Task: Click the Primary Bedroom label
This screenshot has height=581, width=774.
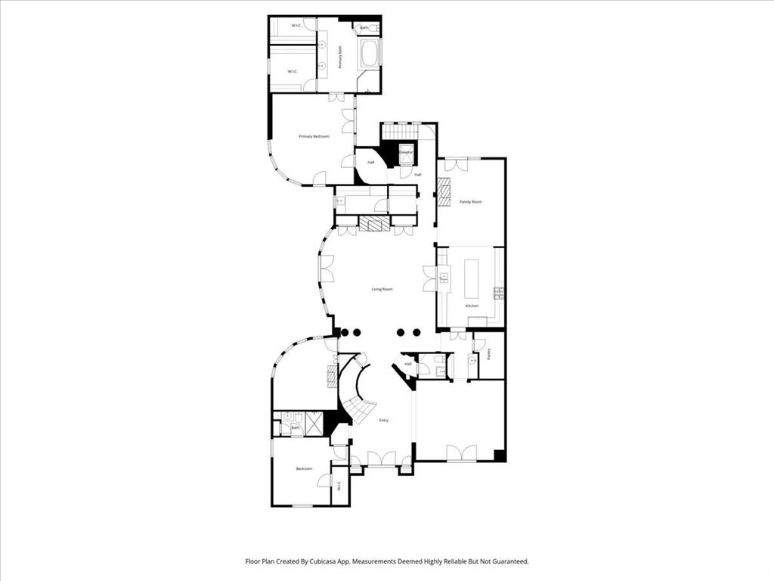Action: pos(314,136)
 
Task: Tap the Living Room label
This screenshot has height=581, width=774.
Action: pos(382,289)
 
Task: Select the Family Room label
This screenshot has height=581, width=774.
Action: pos(471,202)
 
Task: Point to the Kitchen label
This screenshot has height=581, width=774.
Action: pos(472,306)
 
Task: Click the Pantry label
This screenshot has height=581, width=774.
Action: pos(489,353)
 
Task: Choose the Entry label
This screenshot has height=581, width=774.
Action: pos(384,421)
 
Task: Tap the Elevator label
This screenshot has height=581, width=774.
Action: pos(406,153)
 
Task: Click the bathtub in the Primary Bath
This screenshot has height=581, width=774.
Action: pos(370,54)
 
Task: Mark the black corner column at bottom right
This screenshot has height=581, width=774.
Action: pos(499,455)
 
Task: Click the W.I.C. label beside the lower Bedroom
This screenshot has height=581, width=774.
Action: pos(339,485)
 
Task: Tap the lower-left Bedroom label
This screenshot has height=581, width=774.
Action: pos(304,469)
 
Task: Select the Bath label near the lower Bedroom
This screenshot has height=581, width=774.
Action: pos(295,429)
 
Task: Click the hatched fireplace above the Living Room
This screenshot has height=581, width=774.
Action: pos(373,224)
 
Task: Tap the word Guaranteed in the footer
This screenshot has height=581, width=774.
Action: pos(506,561)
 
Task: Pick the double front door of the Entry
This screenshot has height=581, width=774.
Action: pos(381,458)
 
